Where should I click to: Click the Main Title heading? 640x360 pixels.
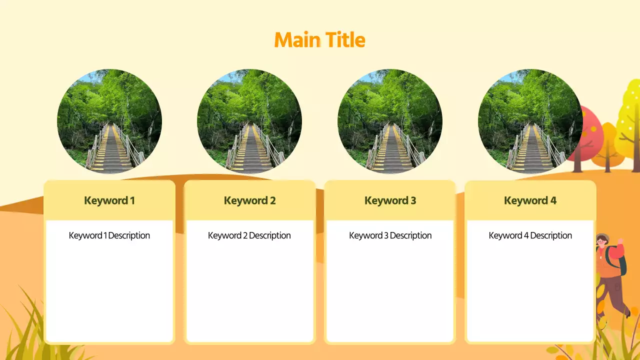(319, 40)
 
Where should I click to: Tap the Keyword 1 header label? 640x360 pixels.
(109, 201)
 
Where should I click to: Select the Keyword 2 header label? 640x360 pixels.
(249, 201)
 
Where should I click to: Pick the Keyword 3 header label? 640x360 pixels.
(390, 201)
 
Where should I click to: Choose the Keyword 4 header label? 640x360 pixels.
(530, 201)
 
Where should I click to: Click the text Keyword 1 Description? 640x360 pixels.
(109, 235)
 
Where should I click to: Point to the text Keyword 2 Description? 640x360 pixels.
(249, 235)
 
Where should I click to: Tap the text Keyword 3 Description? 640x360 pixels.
(390, 235)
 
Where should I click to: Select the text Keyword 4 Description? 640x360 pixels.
(530, 235)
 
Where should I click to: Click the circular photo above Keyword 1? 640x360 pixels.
(109, 121)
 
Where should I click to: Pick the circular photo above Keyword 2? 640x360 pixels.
(249, 121)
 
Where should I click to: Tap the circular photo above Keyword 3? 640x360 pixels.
(390, 121)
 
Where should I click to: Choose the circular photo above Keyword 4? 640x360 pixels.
(530, 121)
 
